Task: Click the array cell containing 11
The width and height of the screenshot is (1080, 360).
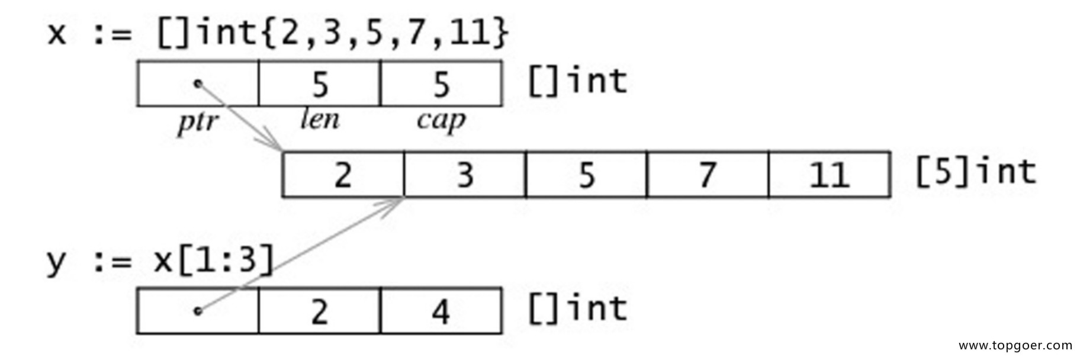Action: (830, 175)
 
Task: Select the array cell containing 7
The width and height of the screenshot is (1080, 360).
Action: (708, 175)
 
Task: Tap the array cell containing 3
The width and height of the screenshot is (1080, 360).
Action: (465, 175)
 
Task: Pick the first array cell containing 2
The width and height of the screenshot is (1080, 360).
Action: (343, 175)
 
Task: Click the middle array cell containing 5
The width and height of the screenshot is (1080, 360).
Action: (586, 175)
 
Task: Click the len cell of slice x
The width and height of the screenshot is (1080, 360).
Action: (320, 83)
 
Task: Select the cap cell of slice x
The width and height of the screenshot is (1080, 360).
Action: (442, 83)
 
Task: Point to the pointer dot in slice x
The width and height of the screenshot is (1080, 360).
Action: (198, 83)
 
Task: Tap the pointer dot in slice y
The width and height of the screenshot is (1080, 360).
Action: (198, 310)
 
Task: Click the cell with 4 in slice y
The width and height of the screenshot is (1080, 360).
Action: (442, 311)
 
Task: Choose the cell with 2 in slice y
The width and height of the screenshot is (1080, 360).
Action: (320, 311)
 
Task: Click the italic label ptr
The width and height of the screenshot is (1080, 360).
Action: (198, 123)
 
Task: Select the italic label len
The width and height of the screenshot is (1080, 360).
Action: (320, 120)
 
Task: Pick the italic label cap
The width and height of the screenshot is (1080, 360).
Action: (442, 122)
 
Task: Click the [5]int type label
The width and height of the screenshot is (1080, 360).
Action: (976, 172)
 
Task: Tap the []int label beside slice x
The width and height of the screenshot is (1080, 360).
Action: (577, 81)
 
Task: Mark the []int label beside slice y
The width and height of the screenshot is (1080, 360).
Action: (577, 308)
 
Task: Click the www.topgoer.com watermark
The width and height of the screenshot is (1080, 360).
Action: (1015, 345)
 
